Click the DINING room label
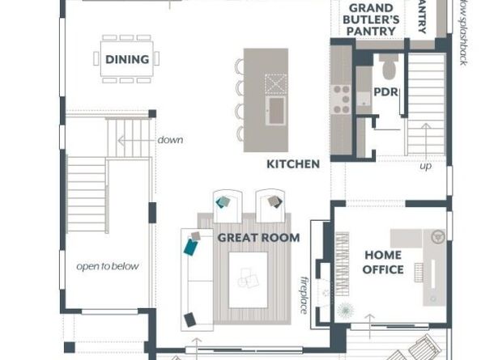point(127,59)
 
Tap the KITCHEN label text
point(293,164)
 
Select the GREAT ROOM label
point(258,238)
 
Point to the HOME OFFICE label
point(383,262)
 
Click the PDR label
point(385,93)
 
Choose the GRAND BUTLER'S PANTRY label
point(372,19)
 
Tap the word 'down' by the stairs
point(170,140)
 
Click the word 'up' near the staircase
point(425,167)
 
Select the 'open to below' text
point(108,266)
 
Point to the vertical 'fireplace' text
point(305,292)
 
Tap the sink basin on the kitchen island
point(275,108)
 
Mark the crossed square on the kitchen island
point(275,83)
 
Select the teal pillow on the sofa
point(191,245)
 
